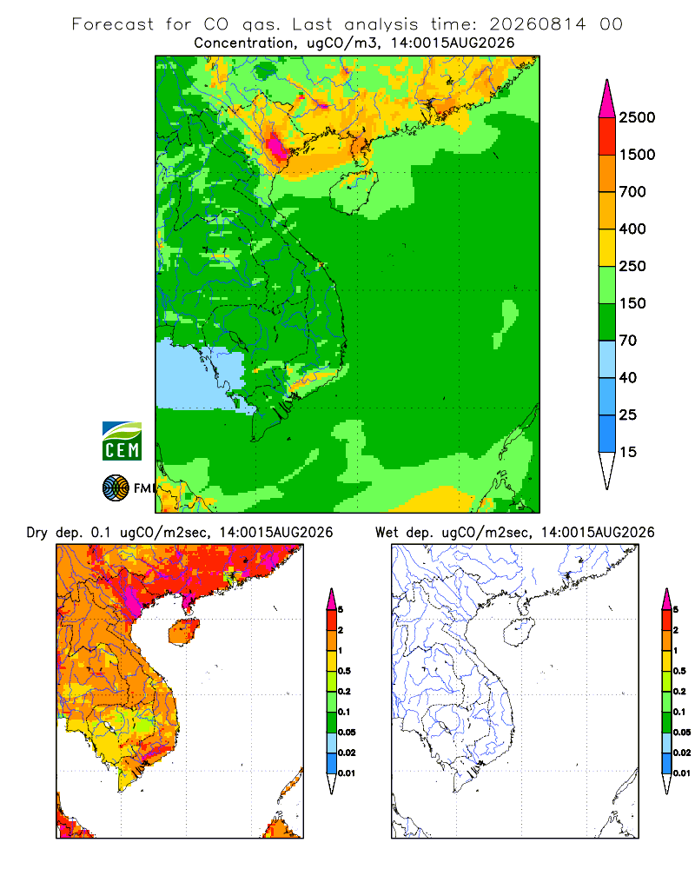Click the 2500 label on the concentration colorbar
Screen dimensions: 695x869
(x=637, y=117)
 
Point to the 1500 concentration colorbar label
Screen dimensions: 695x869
(x=637, y=155)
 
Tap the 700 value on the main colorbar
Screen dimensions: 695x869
(x=632, y=192)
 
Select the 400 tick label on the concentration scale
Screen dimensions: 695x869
(x=632, y=229)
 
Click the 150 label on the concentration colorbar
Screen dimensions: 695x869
(x=632, y=303)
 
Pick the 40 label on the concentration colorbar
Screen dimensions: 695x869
(x=628, y=377)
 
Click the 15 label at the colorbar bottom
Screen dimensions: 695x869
(x=628, y=452)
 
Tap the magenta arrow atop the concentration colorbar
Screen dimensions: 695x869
(x=607, y=99)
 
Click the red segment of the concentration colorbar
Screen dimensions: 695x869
(x=607, y=136)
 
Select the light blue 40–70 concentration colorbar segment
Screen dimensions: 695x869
(x=607, y=359)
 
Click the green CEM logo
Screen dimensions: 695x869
(x=122, y=441)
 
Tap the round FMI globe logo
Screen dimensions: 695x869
(x=116, y=488)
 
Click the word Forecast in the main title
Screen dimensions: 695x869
(x=113, y=24)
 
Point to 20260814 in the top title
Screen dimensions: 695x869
(x=538, y=24)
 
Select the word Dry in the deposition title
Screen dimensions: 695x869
(x=37, y=533)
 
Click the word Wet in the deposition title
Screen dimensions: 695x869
(x=387, y=533)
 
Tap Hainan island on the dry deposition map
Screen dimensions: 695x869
(x=183, y=633)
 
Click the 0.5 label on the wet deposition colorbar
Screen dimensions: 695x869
(x=678, y=671)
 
